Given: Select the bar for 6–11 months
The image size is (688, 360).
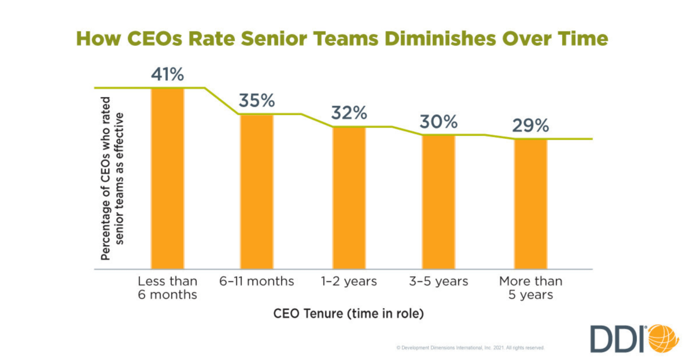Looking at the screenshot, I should pyautogui.click(x=257, y=191).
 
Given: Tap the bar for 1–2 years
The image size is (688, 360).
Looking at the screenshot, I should pyautogui.click(x=349, y=197).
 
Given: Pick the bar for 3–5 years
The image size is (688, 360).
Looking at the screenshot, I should pyautogui.click(x=438, y=202).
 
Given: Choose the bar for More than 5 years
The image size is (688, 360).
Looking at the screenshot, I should pyautogui.click(x=531, y=204).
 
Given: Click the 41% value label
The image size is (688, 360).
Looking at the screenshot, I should pyautogui.click(x=167, y=75).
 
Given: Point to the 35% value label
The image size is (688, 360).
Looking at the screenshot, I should pyautogui.click(x=257, y=101).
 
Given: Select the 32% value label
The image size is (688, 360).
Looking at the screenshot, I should pyautogui.click(x=349, y=113).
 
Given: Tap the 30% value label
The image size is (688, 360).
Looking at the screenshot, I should pyautogui.click(x=438, y=122).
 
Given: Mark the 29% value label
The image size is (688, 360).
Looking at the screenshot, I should pyautogui.click(x=531, y=126).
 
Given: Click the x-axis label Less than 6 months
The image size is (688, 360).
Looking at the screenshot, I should pyautogui.click(x=167, y=288).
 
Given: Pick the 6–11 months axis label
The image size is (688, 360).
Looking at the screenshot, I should pyautogui.click(x=257, y=281).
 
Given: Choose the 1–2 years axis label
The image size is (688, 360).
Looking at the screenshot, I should pyautogui.click(x=349, y=281).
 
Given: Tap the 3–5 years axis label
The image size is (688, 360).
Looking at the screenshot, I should pyautogui.click(x=438, y=281).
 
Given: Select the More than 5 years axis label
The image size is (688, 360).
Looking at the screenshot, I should pyautogui.click(x=531, y=288).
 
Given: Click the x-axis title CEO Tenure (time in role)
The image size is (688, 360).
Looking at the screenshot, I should pyautogui.click(x=349, y=314).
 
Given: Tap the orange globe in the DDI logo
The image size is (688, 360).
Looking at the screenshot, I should pyautogui.click(x=663, y=338).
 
